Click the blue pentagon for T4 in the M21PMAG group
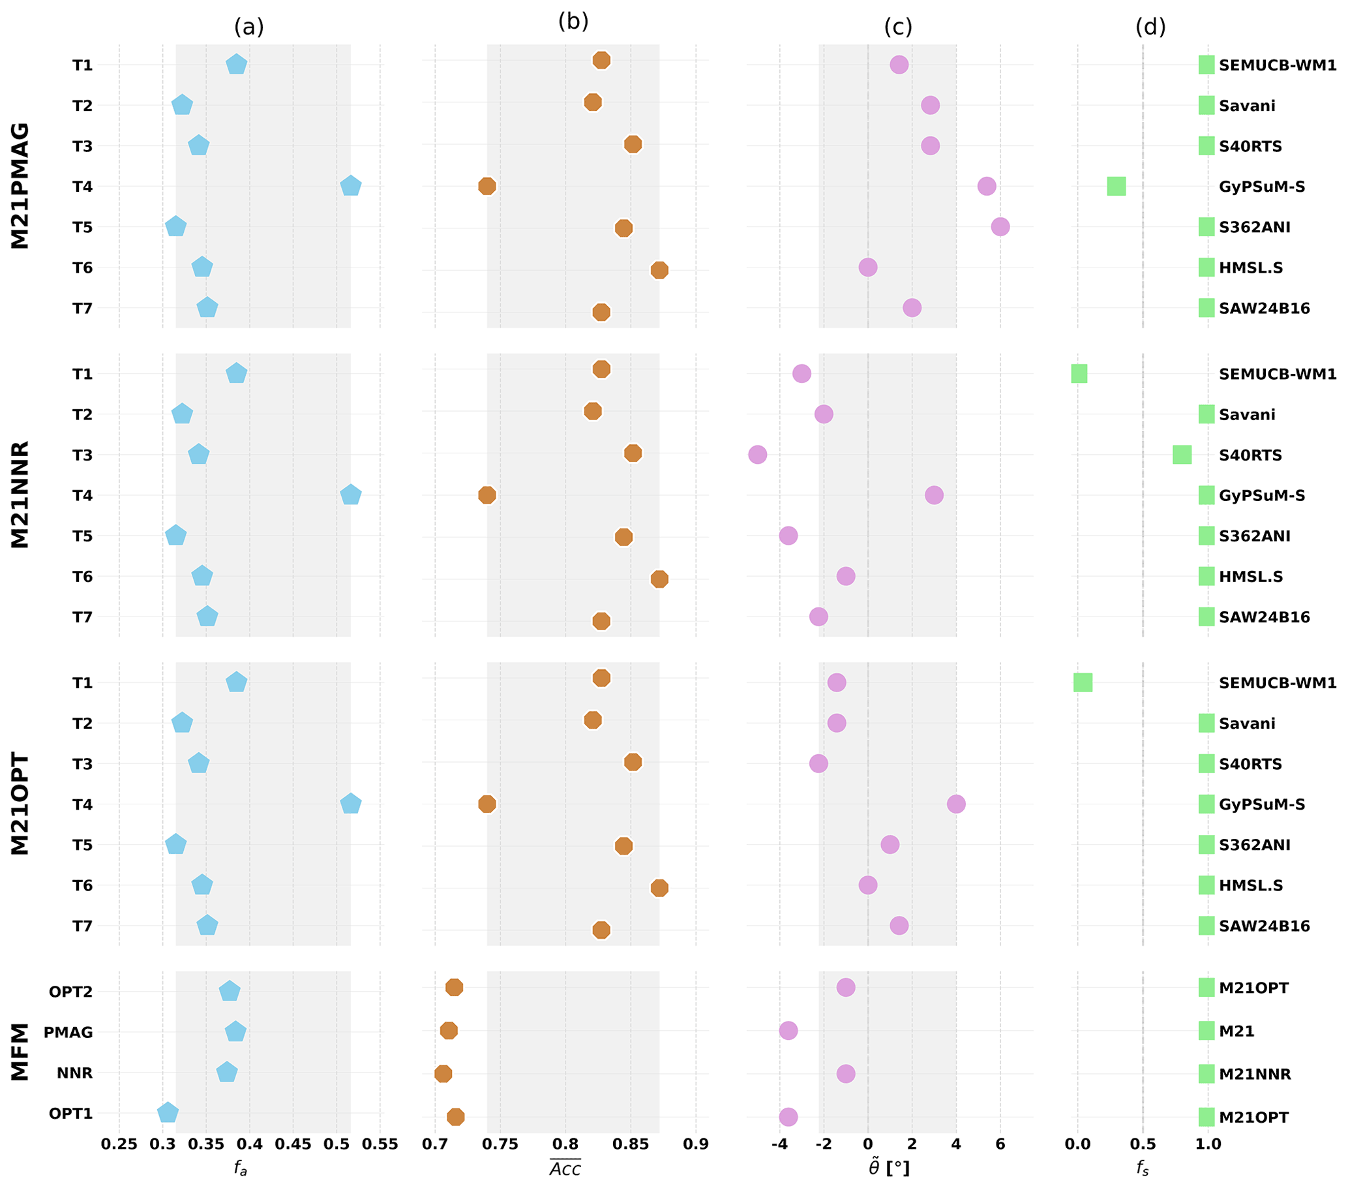[x=350, y=186]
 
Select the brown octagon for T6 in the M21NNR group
[x=659, y=579]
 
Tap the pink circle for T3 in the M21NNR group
[x=757, y=455]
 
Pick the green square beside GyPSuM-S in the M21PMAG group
[x=1116, y=186]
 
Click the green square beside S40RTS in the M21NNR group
[x=1182, y=455]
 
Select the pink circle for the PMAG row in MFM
[x=788, y=1030]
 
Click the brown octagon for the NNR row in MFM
[x=443, y=1074]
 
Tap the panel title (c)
[x=897, y=27]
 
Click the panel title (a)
[x=248, y=27]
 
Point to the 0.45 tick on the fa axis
[x=293, y=1144]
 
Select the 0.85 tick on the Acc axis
[x=630, y=1144]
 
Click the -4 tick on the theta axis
[x=779, y=1144]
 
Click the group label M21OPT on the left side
[x=20, y=804]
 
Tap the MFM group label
[x=20, y=1052]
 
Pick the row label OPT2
[x=70, y=992]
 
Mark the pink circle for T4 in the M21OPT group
[x=955, y=804]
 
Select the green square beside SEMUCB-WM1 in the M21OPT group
[x=1082, y=682]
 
